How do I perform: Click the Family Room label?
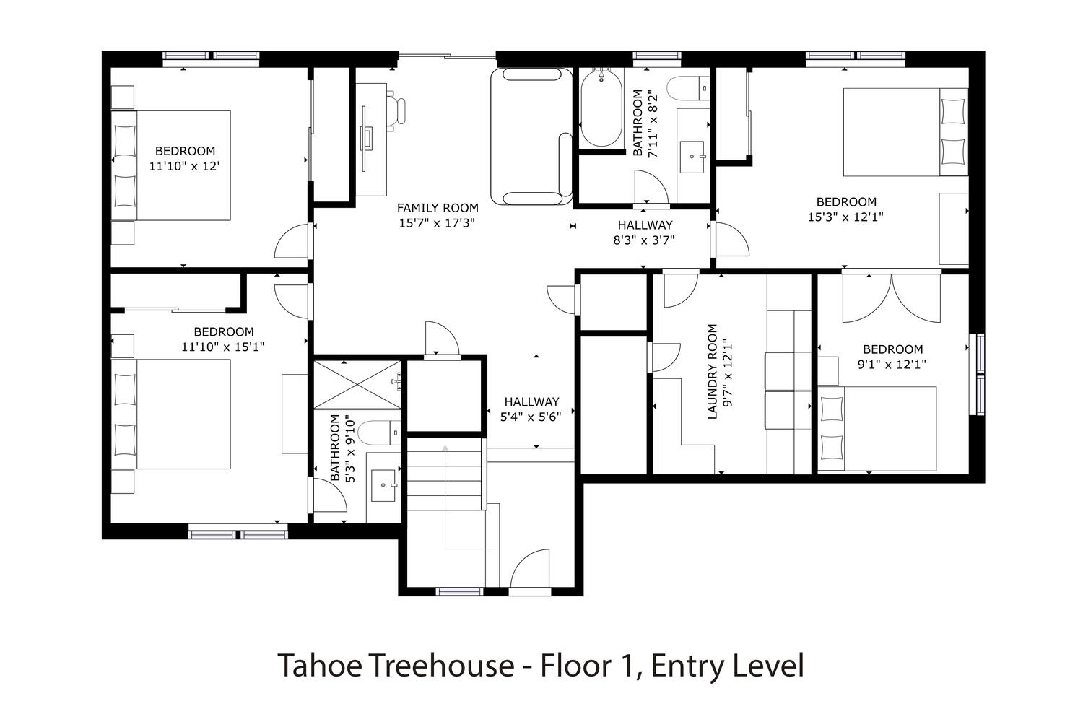[x=438, y=208]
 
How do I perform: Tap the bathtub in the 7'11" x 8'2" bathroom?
[x=601, y=108]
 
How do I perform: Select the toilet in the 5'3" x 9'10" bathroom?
[x=380, y=432]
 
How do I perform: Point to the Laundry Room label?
[x=712, y=371]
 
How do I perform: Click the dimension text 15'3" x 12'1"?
[x=845, y=217]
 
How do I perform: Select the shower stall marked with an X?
[x=357, y=385]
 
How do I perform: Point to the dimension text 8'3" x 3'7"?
[x=644, y=240]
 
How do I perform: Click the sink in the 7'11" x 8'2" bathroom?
[x=692, y=157]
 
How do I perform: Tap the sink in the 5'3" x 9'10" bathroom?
[x=383, y=485]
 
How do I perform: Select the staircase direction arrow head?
[x=445, y=448]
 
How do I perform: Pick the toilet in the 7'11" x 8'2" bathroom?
[x=688, y=89]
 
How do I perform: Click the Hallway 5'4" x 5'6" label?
[x=531, y=409]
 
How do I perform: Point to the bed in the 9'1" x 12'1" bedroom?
[x=877, y=429]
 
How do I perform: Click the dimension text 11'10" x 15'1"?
[x=223, y=347]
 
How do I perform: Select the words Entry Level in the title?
[x=728, y=666]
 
